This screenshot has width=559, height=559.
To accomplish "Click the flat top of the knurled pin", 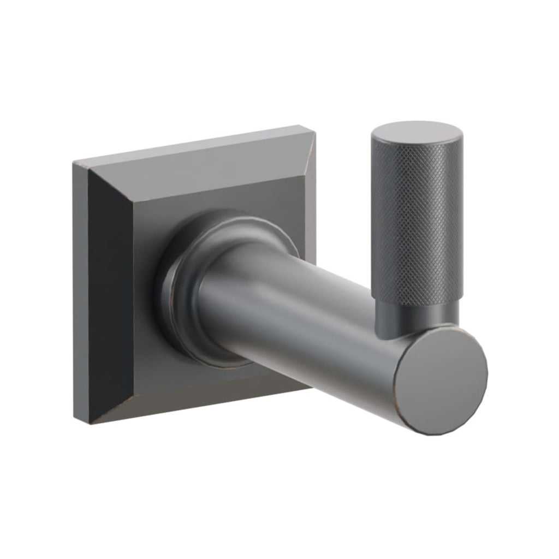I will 415,133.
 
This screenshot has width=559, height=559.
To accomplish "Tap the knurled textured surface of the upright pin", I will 418,218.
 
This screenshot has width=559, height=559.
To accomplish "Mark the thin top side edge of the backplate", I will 191,144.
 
